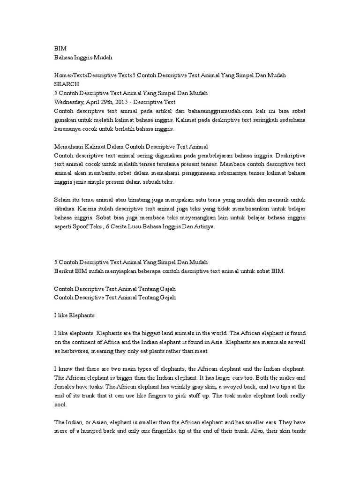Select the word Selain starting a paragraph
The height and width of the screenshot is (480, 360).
[64, 200]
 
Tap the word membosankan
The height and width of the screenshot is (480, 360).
[236, 209]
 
